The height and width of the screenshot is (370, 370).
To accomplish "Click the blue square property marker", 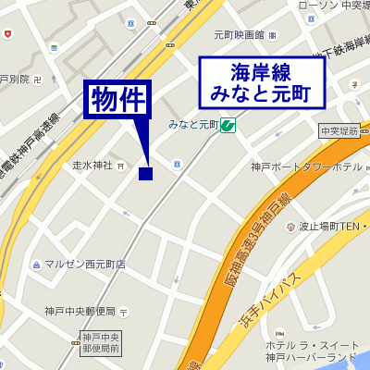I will click(145, 173).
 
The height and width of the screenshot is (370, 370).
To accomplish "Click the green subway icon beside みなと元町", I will click(227, 125).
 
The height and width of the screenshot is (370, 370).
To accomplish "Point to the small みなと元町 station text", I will click(193, 124).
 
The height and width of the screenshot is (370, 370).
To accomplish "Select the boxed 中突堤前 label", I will click(339, 132).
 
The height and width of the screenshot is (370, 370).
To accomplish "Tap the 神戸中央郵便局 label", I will click(80, 311).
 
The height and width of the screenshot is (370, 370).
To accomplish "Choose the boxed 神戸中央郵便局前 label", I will click(98, 342).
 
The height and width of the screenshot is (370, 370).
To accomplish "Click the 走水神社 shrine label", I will click(92, 166).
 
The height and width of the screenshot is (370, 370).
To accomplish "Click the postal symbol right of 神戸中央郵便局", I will click(128, 311).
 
